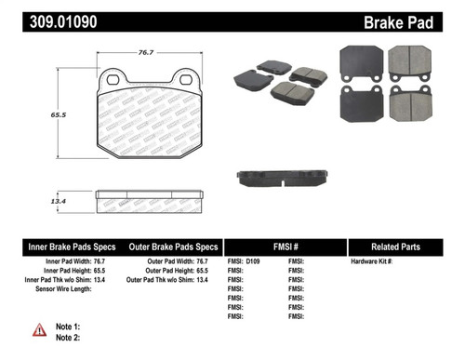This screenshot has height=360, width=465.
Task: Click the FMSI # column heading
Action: [x=286, y=247]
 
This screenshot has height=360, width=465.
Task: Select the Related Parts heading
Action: [x=405, y=247]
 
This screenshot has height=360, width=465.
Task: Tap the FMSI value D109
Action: [x=256, y=262]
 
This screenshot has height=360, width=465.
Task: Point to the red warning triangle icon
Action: [x=38, y=330]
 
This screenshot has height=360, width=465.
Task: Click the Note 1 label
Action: [x=69, y=327]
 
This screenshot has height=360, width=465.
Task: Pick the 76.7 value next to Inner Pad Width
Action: [x=106, y=262]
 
